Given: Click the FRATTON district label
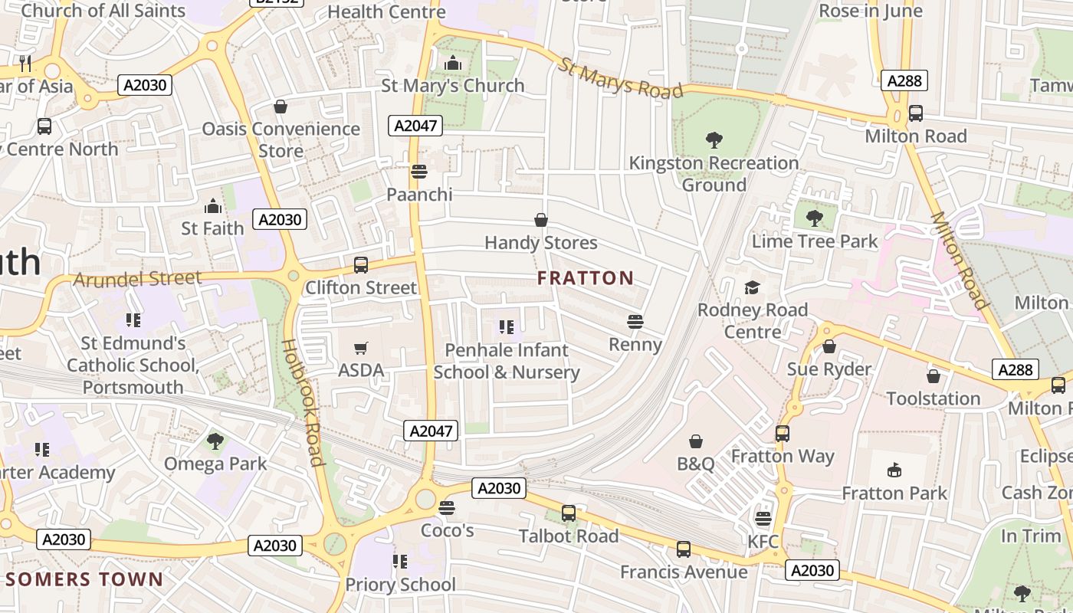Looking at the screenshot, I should click(586, 278).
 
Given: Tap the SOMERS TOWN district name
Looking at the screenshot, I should click(84, 579).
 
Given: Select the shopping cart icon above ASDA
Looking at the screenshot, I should click(361, 349).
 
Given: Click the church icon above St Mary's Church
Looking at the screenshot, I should click(453, 63).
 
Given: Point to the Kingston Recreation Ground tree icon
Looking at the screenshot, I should click(714, 140).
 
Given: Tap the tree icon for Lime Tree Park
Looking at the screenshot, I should click(814, 219).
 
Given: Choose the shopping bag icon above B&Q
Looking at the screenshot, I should click(696, 441).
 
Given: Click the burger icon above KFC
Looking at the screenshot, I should click(763, 520).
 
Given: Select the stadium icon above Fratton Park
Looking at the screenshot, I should click(894, 470).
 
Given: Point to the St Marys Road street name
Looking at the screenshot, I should click(619, 79).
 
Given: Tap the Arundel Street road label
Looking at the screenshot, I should click(137, 279).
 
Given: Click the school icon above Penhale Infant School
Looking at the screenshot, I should click(506, 328).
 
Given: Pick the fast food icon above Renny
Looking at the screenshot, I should click(635, 322).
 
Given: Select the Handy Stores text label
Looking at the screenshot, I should click(540, 243).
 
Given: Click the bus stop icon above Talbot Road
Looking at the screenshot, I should click(569, 513).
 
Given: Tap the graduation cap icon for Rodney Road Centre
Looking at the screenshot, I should click(752, 287).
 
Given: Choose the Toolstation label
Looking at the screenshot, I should click(933, 398).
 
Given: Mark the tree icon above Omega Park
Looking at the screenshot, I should click(215, 441).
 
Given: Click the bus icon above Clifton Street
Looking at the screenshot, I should click(361, 265).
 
